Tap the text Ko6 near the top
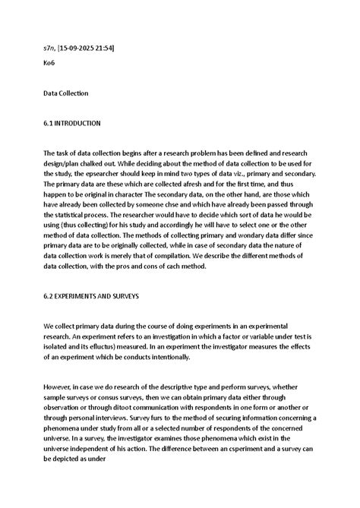pyautogui.click(x=49, y=63)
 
